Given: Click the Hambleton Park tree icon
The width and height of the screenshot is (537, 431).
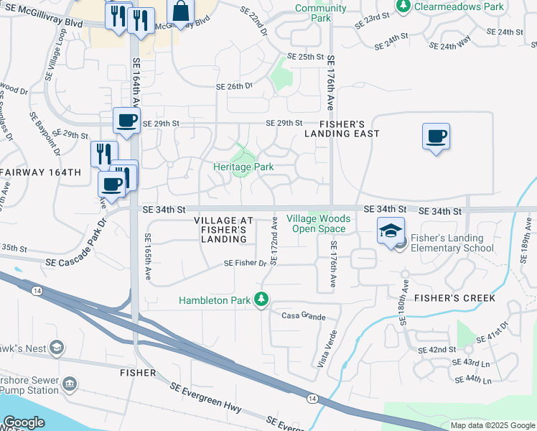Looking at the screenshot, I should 263,299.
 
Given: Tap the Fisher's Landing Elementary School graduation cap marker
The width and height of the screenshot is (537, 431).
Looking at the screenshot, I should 391,231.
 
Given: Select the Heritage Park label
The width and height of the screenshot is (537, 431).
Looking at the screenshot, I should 243,167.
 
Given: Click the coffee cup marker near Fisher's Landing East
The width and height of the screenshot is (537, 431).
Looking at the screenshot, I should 436,136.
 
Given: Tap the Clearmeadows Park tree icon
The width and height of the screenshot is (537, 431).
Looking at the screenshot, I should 404,6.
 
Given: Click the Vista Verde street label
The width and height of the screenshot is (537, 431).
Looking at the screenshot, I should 327,349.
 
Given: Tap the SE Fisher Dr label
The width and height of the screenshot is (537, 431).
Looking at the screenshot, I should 245,264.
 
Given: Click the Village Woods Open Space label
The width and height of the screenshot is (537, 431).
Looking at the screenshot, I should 319,223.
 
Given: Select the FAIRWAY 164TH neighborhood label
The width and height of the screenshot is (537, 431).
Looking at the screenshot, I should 41,173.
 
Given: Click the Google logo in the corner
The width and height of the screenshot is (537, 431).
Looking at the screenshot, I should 24,422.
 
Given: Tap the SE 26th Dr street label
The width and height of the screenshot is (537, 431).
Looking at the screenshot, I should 235,86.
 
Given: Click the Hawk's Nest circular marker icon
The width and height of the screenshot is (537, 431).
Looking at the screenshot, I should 57,348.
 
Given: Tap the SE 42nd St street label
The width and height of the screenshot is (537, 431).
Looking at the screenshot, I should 437,350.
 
